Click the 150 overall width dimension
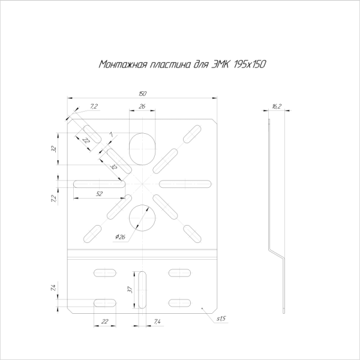(142, 94)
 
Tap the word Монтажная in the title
(118, 65)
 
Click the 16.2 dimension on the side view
(277, 106)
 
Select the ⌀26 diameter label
(119, 237)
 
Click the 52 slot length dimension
(99, 193)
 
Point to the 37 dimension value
(130, 290)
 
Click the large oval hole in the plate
(142, 148)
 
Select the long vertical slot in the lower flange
(142, 290)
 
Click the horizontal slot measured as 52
(99, 183)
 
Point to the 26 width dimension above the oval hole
(142, 106)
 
